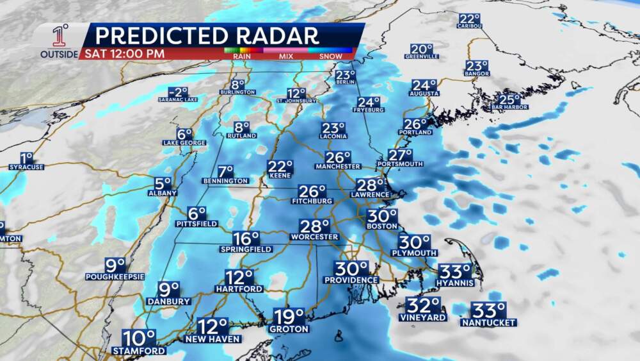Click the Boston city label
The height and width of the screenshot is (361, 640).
(x=381, y=226)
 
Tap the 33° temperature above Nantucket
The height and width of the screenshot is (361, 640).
(x=488, y=311)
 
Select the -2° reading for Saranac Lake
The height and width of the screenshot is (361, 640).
(x=178, y=92)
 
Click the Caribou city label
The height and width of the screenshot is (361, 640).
(x=469, y=26)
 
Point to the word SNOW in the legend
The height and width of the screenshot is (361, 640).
(x=331, y=56)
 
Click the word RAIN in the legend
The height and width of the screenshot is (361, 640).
(x=241, y=56)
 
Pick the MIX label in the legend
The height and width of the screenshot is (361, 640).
(x=285, y=56)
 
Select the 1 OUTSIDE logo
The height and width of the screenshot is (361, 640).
(x=59, y=42)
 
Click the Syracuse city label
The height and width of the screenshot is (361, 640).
(x=26, y=167)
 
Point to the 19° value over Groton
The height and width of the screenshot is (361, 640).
(x=289, y=317)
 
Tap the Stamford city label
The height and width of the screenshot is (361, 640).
(x=139, y=351)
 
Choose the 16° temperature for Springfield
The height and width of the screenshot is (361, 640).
(x=245, y=238)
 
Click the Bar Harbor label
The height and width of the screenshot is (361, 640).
(x=509, y=107)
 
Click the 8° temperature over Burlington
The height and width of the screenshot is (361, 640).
(x=238, y=84)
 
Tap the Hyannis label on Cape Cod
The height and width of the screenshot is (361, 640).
(x=454, y=283)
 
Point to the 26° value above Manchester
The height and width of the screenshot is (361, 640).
(x=337, y=157)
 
